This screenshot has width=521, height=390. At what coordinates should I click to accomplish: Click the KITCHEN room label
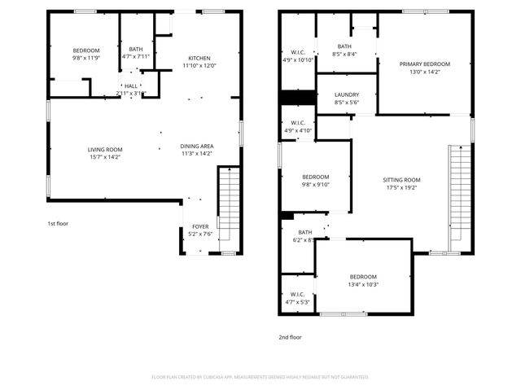[199, 59]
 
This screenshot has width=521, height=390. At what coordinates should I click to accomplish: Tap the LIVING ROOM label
[105, 150]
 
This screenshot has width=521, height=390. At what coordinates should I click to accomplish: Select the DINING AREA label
[196, 146]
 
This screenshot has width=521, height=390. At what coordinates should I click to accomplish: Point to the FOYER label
[199, 226]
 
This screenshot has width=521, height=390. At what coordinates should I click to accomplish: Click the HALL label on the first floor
[131, 85]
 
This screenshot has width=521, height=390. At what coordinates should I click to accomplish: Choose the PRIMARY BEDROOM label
[425, 64]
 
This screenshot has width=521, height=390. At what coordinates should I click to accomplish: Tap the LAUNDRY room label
[346, 94]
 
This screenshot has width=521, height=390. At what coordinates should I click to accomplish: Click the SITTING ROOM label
[401, 179]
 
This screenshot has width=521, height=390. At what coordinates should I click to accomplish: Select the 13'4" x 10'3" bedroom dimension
[363, 284]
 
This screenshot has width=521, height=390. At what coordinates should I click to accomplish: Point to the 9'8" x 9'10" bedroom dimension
[316, 185]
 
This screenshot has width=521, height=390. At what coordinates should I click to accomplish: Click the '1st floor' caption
[57, 222]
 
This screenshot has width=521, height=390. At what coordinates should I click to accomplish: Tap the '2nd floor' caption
[290, 336]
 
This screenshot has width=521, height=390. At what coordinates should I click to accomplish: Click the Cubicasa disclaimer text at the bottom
[260, 377]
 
